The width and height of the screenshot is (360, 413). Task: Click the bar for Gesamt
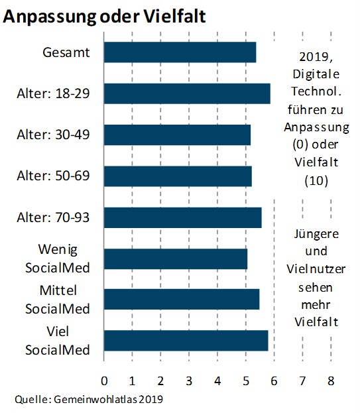(180, 52)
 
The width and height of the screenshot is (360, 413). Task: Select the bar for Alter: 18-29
(187, 93)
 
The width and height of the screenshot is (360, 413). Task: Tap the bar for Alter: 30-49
(178, 135)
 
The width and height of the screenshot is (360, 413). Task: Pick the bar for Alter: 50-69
(178, 176)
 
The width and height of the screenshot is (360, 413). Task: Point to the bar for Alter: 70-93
(183, 217)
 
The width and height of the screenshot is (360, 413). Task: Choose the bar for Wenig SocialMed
(176, 259)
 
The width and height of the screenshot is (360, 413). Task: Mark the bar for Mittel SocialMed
(182, 299)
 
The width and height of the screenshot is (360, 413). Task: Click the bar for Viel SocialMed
(186, 341)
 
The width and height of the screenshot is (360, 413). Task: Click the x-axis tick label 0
(104, 381)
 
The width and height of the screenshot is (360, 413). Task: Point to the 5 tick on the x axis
(246, 381)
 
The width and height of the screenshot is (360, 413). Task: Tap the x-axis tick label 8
(331, 381)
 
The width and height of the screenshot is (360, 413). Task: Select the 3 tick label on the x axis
(189, 381)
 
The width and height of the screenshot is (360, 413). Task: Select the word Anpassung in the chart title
(49, 17)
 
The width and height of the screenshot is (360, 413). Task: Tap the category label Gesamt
(66, 52)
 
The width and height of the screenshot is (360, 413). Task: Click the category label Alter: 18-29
(53, 93)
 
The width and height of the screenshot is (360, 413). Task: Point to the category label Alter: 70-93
(53, 217)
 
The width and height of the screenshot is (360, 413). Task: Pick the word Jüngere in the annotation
(316, 234)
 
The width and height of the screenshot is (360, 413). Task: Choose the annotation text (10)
(316, 181)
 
